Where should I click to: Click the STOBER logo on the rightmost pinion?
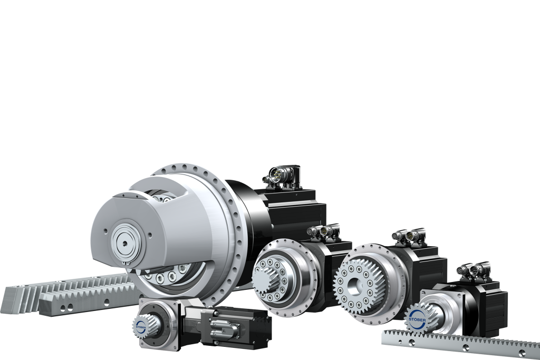point(417,320)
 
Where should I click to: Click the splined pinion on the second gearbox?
point(265,276)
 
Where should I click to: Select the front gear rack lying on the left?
point(90,303)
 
